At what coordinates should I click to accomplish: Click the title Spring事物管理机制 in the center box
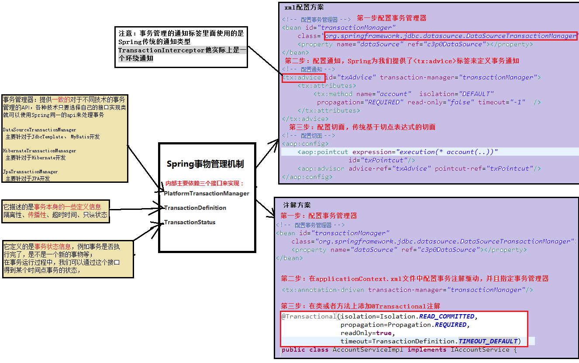coord(205,164)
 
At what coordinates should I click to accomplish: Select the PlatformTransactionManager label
coord(207,193)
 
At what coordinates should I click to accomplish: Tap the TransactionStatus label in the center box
coord(190,222)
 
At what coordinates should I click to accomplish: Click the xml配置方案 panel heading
coord(304,7)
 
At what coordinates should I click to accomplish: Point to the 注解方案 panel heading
coord(297,205)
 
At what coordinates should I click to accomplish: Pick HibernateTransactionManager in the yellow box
coord(39,151)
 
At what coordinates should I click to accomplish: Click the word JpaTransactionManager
coord(30,171)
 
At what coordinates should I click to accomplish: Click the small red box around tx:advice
coord(303,78)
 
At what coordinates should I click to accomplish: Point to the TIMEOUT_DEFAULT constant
coord(488,341)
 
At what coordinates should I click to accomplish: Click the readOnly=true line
coord(367,333)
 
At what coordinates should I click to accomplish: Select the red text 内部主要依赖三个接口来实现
coord(204,184)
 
